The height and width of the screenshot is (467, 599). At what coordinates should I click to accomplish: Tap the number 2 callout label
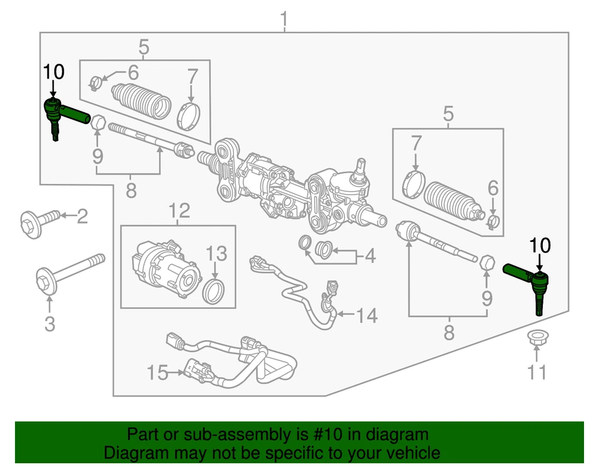82,216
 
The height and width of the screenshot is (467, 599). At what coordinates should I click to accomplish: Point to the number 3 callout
49,324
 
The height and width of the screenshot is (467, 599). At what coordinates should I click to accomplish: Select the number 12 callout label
178,211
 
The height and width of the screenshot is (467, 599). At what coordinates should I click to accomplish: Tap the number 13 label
217,254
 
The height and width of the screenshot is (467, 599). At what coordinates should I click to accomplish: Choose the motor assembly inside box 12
164,271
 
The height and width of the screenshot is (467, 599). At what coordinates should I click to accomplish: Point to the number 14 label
367,316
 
